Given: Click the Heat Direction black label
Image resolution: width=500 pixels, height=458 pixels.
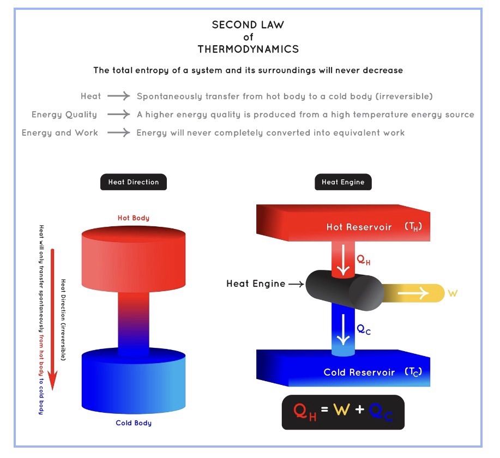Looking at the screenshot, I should click(133, 182).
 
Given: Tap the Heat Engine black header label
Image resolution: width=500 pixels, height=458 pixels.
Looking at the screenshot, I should click(343, 182).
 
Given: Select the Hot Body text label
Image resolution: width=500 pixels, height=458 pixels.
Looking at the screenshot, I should click(133, 218).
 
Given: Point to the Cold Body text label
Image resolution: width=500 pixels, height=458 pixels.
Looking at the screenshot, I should click(133, 423).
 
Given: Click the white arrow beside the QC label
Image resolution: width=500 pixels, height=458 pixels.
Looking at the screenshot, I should click(343, 330).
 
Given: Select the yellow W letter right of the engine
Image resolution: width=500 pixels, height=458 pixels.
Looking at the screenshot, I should click(452, 293).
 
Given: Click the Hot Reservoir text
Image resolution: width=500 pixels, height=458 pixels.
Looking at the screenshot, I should click(359, 227).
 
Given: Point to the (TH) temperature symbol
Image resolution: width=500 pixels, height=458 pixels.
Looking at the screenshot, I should click(413, 227).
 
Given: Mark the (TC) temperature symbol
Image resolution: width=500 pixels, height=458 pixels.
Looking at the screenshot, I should click(413, 372).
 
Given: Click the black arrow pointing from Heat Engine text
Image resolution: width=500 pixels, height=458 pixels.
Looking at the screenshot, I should click(295, 284).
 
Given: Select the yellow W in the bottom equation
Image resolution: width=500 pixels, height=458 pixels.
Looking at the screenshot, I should click(341, 410).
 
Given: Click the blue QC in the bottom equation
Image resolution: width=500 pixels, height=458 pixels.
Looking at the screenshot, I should click(380, 413).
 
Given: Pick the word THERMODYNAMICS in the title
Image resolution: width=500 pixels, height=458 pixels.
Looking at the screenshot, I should click(248, 49).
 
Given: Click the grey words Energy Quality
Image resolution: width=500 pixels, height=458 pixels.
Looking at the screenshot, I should click(64, 114).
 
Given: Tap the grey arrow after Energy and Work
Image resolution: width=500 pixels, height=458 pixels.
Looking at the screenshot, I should click(118, 132).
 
